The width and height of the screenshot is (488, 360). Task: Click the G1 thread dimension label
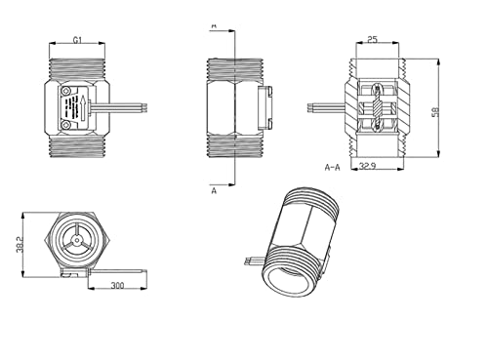point(77,40)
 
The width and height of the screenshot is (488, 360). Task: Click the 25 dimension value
point(372,40)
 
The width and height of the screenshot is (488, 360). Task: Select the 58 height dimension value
point(435,112)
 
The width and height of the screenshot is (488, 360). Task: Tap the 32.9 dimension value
point(368,166)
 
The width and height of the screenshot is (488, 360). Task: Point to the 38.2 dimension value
point(20,245)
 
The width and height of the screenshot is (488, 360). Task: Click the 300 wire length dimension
point(117,286)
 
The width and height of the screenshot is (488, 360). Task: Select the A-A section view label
point(332,167)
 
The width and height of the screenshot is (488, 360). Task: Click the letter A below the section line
point(214,190)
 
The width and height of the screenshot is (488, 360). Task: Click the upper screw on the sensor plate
point(66,91)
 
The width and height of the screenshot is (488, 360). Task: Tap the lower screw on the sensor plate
point(66,124)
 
